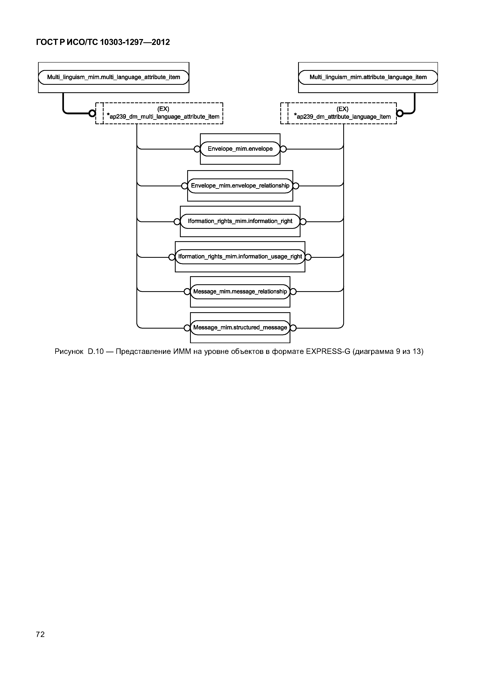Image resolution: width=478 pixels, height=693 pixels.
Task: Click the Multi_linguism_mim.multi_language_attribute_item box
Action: pyautogui.click(x=114, y=77)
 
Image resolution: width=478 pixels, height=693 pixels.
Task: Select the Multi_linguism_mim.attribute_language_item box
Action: pyautogui.click(x=368, y=77)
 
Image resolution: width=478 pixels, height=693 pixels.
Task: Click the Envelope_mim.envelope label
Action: pyautogui.click(x=240, y=149)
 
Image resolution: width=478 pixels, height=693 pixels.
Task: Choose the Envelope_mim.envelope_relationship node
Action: pyautogui.click(x=240, y=186)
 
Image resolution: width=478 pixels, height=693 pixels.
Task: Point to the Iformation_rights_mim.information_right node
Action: pyautogui.click(x=240, y=221)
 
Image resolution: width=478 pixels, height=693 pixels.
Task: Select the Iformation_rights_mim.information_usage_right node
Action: pyautogui.click(x=240, y=257)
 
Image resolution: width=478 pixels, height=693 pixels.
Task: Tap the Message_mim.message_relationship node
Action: pyautogui.click(x=240, y=292)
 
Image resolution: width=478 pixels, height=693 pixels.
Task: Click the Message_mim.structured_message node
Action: pyautogui.click(x=240, y=328)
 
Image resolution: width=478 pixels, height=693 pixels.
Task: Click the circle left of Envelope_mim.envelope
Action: pyautogui.click(x=197, y=149)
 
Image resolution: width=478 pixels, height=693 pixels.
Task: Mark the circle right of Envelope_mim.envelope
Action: pyautogui.click(x=283, y=149)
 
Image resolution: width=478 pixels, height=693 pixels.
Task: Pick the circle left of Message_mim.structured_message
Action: pyautogui.click(x=187, y=328)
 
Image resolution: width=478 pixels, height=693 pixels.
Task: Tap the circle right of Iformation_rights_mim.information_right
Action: pyautogui.click(x=303, y=222)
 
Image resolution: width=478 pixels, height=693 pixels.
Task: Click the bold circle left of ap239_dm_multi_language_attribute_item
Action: pyautogui.click(x=92, y=113)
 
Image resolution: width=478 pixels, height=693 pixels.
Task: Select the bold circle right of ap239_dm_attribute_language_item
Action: pyautogui.click(x=400, y=113)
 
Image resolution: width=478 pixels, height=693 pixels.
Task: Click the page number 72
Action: pyautogui.click(x=40, y=634)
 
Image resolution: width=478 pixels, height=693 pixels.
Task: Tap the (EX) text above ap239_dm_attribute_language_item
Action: pyautogui.click(x=342, y=109)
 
